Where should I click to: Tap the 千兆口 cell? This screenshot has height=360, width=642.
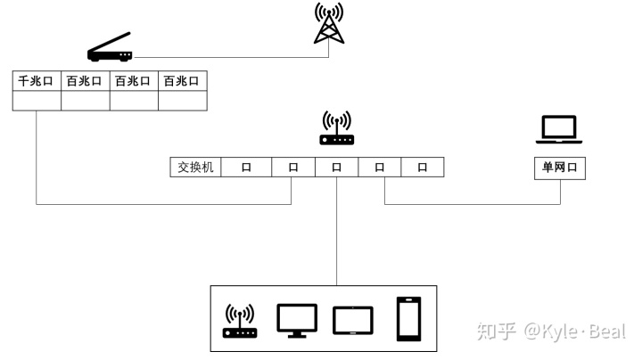(37, 80)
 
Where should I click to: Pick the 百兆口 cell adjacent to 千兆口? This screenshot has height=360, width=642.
(85, 80)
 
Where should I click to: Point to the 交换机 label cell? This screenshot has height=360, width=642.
(195, 167)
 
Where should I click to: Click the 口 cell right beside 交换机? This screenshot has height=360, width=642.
(245, 167)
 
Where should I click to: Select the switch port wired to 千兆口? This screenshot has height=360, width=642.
(292, 167)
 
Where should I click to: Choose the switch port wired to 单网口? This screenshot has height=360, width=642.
(380, 167)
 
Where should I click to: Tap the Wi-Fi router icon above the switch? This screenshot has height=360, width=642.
(336, 128)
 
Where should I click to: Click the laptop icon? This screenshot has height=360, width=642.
(559, 131)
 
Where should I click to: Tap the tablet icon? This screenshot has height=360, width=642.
(352, 320)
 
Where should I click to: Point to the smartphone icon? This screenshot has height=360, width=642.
(408, 319)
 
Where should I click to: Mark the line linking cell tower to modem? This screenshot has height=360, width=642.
(232, 58)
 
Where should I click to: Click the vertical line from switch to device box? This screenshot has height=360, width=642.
(336, 232)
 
